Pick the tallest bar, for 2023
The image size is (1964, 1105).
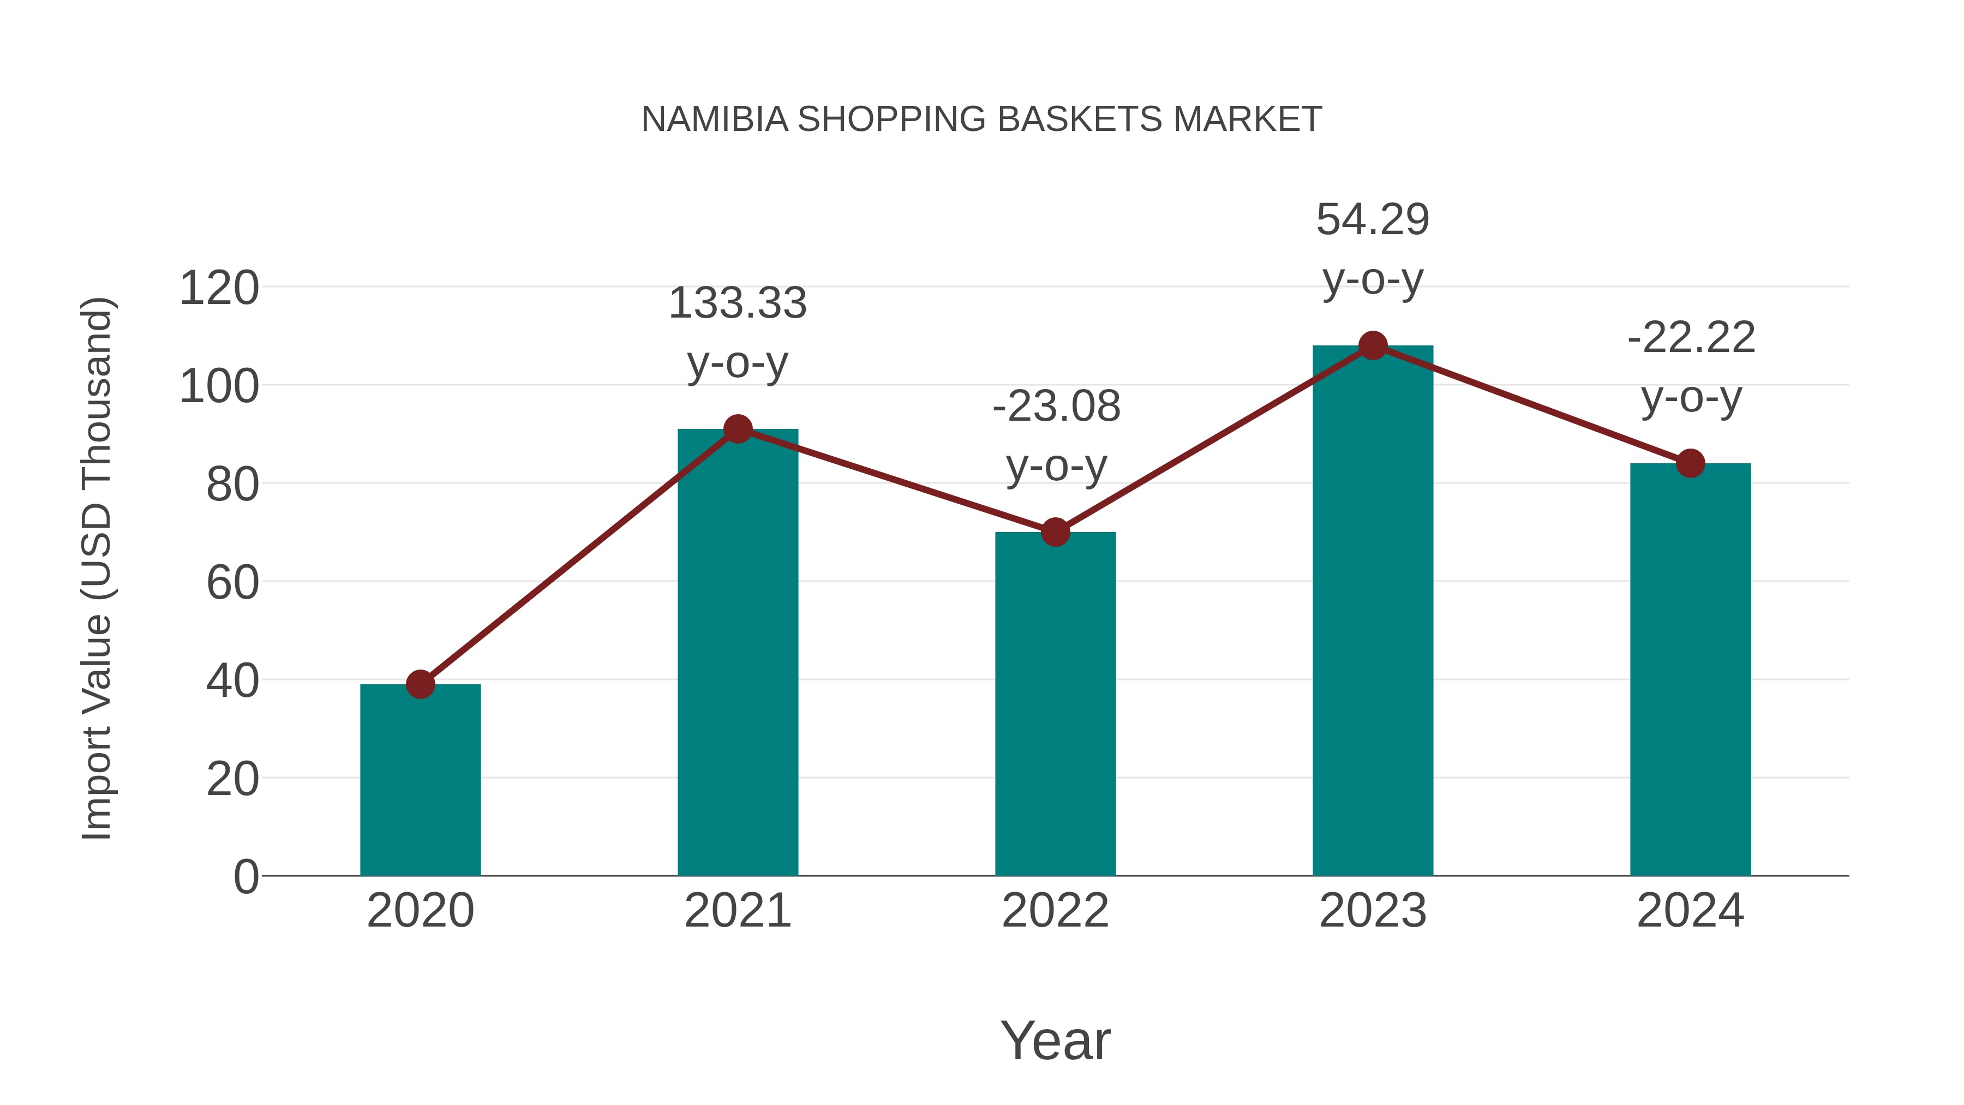pos(1373,610)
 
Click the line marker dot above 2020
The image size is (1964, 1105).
pos(420,684)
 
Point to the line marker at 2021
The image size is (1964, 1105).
pos(737,429)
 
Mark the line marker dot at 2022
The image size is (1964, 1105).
pos(1055,532)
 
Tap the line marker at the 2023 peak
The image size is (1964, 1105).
pos(1373,345)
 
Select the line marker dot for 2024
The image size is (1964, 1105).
pos(1690,463)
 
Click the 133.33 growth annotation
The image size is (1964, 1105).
pos(737,303)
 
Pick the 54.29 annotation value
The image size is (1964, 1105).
pos(1373,220)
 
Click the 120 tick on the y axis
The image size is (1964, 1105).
pos(219,289)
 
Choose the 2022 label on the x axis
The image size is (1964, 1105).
pos(1055,911)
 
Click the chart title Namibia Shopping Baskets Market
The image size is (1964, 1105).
pos(981,120)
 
